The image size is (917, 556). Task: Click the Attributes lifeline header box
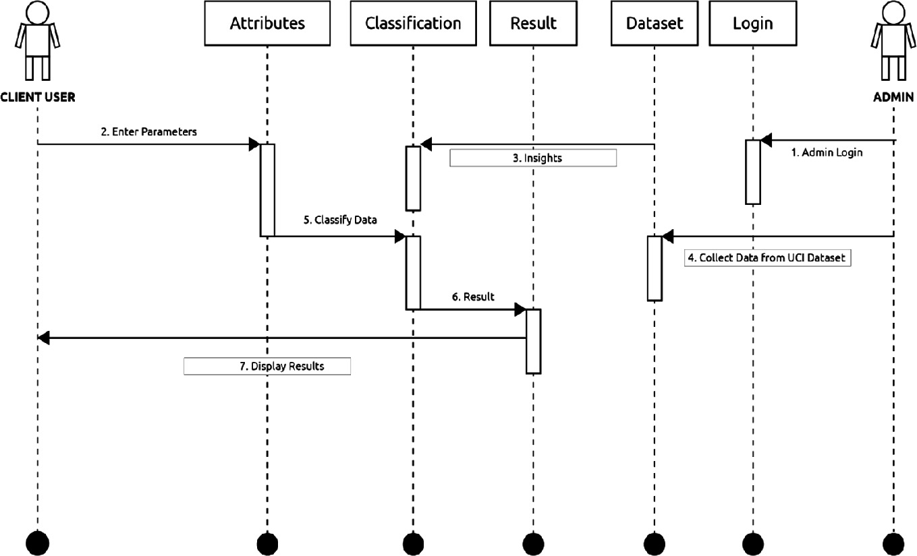point(267,24)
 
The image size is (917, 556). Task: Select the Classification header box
point(412,24)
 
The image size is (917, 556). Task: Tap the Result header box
point(533,24)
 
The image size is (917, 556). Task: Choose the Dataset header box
point(654,24)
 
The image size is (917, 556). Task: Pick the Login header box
point(752,24)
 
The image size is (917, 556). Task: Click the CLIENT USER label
point(38,97)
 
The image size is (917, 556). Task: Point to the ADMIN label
point(893,97)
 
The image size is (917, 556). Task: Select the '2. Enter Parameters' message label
point(148,132)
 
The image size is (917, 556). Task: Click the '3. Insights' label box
point(533,158)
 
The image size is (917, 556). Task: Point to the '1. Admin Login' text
point(827,153)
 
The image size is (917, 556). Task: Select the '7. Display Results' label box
point(267,367)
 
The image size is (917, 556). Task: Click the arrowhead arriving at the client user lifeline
point(44,338)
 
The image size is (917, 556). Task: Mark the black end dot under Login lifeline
point(752,542)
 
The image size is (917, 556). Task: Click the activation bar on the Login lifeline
point(753,172)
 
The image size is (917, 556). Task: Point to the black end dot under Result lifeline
point(533,542)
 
